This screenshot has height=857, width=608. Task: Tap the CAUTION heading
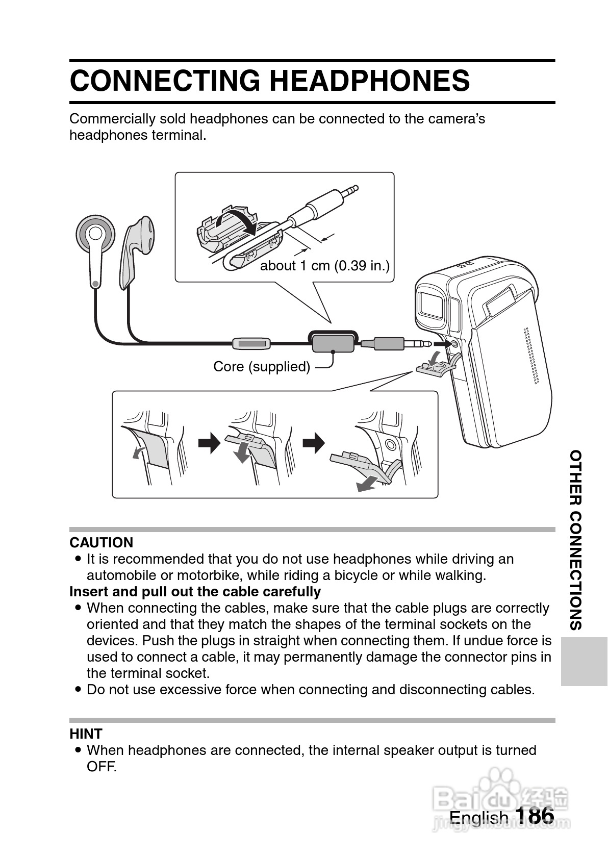click(102, 542)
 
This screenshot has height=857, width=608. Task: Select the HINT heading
click(86, 734)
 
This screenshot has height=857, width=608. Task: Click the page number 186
click(534, 815)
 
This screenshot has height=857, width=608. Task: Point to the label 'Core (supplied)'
click(262, 366)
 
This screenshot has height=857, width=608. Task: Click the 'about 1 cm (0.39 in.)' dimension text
click(325, 266)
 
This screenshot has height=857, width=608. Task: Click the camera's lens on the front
click(430, 305)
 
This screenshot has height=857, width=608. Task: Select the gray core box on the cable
click(332, 342)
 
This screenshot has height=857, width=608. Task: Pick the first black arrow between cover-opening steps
click(209, 443)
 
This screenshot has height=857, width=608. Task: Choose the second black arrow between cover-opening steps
click(313, 443)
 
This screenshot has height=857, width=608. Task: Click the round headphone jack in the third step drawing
click(390, 444)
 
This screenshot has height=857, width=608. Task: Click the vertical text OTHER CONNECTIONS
click(576, 540)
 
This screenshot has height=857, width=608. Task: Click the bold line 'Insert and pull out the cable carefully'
click(195, 592)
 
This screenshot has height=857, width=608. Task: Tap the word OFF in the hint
click(102, 767)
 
